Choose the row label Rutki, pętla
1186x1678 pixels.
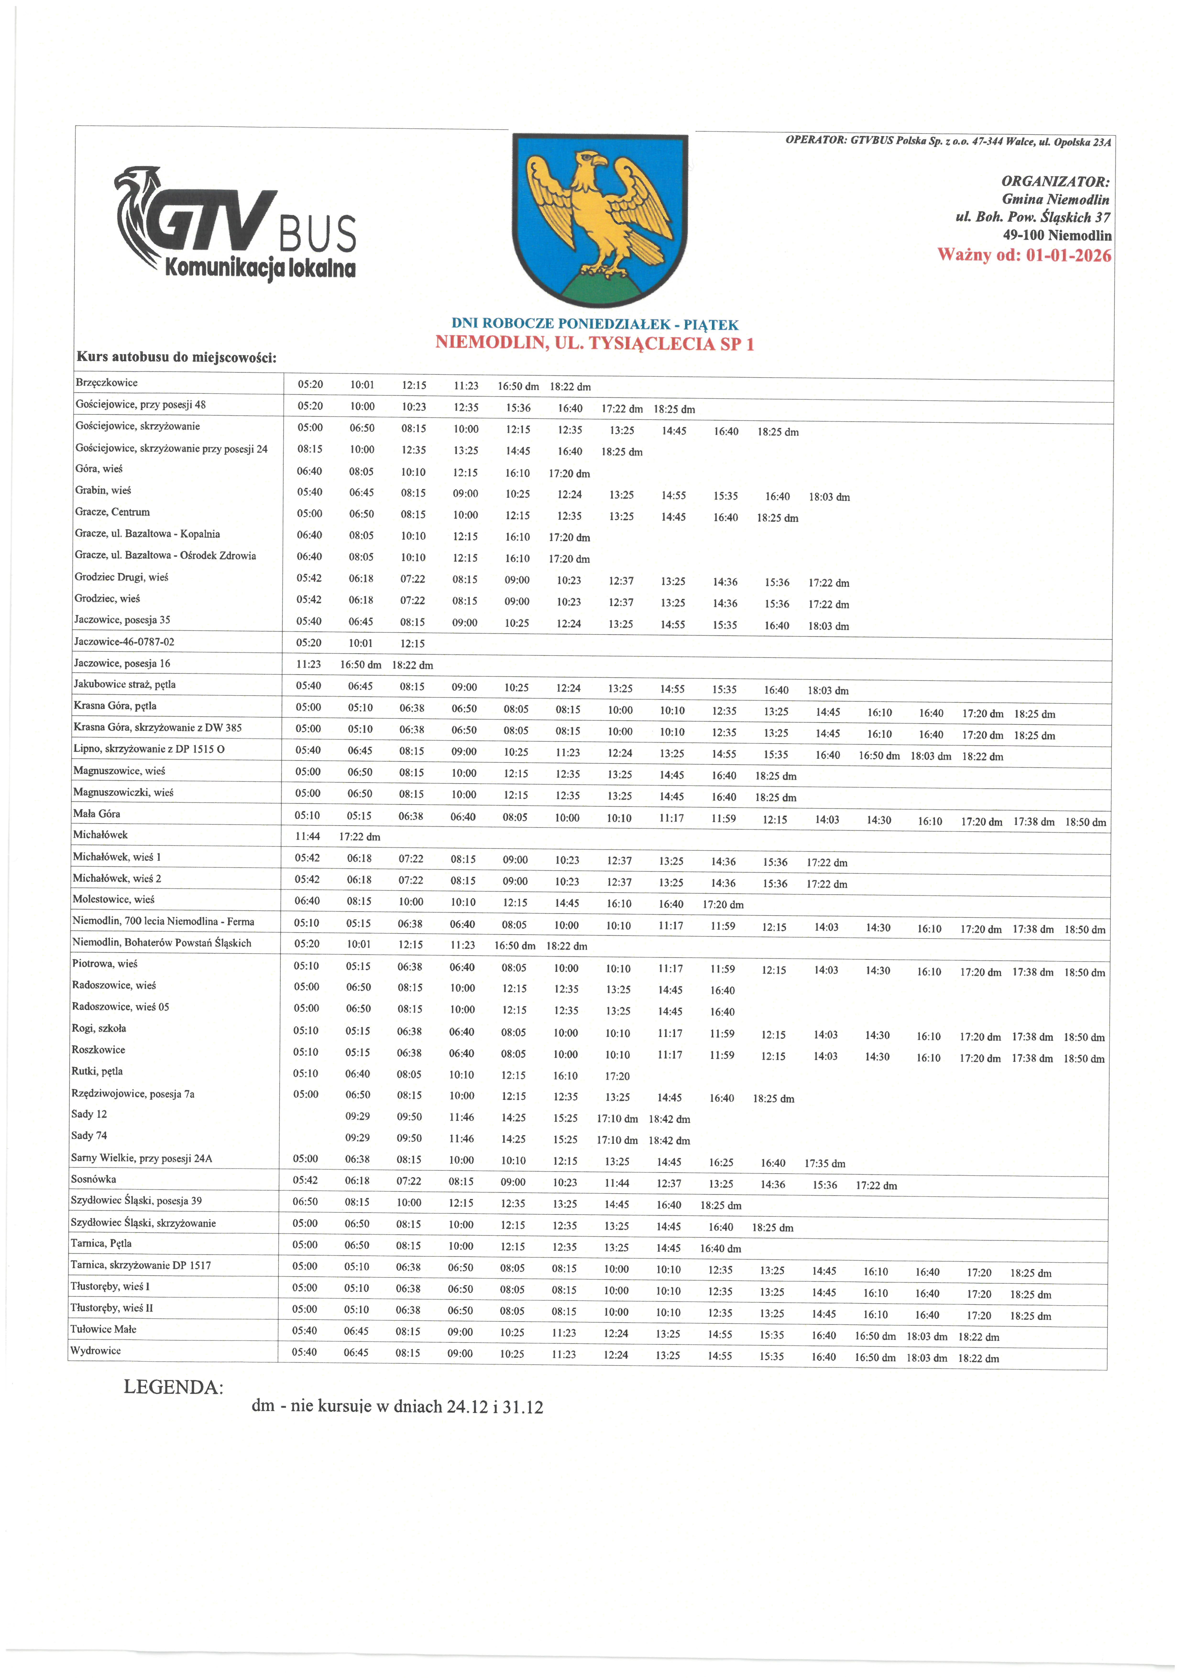(x=97, y=1071)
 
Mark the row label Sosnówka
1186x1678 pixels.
(x=93, y=1179)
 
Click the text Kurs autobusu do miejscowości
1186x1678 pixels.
(x=176, y=357)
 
